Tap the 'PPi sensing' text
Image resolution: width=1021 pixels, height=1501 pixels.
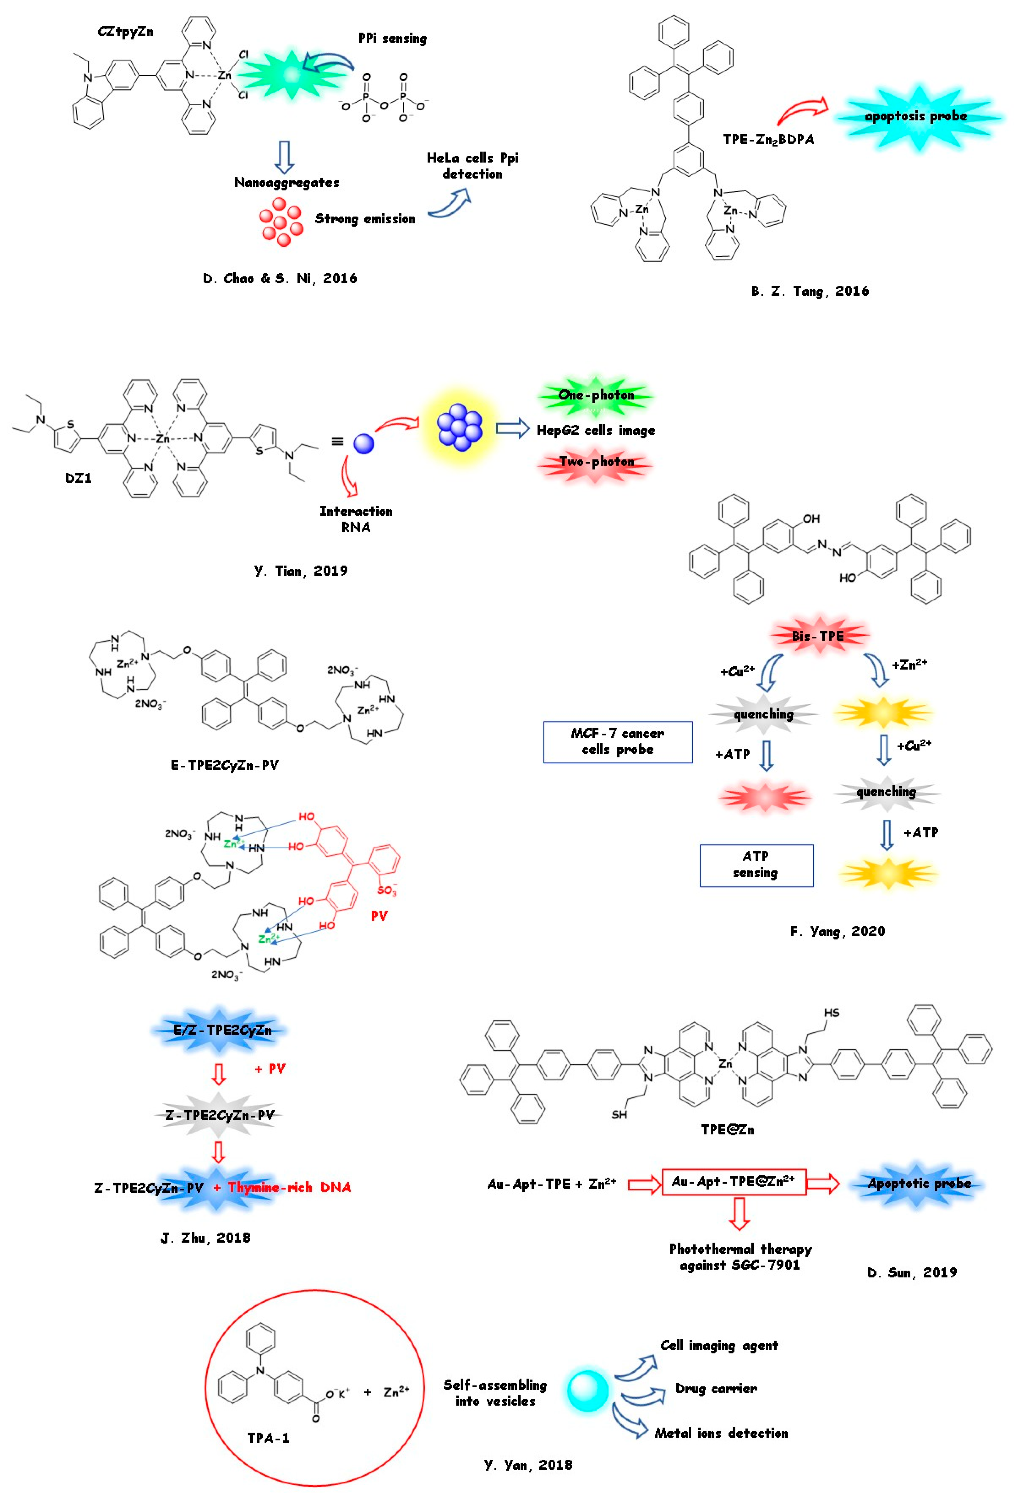pos(392,39)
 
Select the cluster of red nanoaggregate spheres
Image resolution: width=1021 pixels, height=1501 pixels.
pos(280,222)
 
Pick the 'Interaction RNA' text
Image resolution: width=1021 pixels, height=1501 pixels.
pos(355,519)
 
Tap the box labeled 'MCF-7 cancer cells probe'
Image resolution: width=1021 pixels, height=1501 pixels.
pos(618,741)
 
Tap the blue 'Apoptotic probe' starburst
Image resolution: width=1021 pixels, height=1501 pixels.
pos(919,1183)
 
